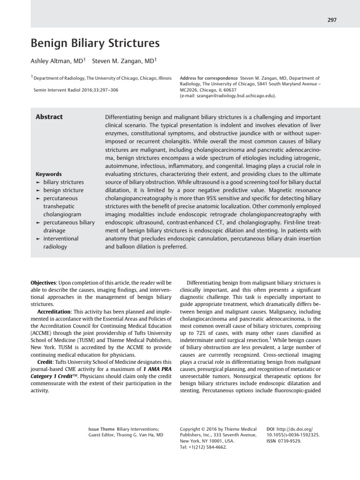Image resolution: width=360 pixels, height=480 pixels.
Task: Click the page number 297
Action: pyautogui.click(x=332, y=20)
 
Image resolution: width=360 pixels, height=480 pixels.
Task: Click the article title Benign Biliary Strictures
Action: pyautogui.click(x=95, y=44)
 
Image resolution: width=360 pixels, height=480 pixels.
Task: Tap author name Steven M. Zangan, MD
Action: pyautogui.click(x=124, y=60)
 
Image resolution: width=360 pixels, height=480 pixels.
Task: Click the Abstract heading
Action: pyautogui.click(x=49, y=117)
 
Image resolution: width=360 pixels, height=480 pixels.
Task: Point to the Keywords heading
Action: pyautogui.click(x=49, y=174)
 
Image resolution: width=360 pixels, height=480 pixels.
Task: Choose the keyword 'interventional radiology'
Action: pyautogui.click(x=61, y=242)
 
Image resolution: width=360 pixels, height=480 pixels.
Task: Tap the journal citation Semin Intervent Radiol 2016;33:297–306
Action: pyautogui.click(x=76, y=90)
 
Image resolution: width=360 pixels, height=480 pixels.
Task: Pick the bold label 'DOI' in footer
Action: pyautogui.click(x=270, y=429)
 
